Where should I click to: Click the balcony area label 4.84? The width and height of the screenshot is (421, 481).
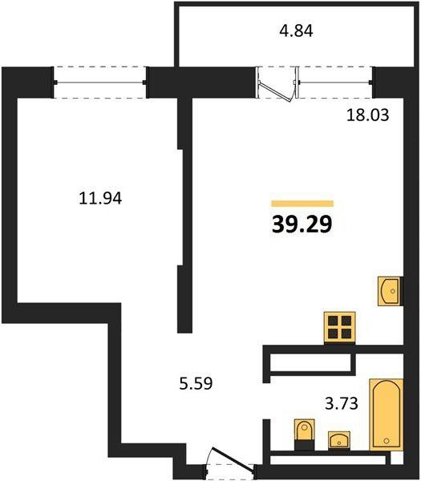(296, 31)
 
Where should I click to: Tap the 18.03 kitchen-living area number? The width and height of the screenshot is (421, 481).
(367, 115)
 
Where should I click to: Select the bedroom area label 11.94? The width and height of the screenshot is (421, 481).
(100, 198)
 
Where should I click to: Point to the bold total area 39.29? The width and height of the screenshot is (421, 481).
(302, 224)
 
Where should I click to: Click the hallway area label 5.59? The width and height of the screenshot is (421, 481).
(196, 383)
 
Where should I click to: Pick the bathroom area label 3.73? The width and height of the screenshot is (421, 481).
(342, 403)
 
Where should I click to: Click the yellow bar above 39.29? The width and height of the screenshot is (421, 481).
(302, 204)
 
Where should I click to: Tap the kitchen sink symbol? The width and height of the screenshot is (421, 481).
(389, 291)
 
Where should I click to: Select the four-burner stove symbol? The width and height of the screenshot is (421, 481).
(340, 327)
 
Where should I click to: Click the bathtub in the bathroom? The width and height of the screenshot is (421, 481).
(386, 414)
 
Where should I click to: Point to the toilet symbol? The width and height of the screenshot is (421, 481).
(305, 435)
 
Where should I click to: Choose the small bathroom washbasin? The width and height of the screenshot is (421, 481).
(339, 440)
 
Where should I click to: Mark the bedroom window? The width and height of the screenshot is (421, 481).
(99, 83)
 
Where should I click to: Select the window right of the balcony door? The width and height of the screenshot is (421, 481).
(334, 83)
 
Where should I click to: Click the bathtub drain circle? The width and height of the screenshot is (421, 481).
(387, 440)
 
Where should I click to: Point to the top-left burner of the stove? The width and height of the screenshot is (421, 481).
(333, 321)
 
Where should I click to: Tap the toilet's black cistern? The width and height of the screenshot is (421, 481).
(305, 446)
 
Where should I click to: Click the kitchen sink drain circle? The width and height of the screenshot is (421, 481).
(393, 291)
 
